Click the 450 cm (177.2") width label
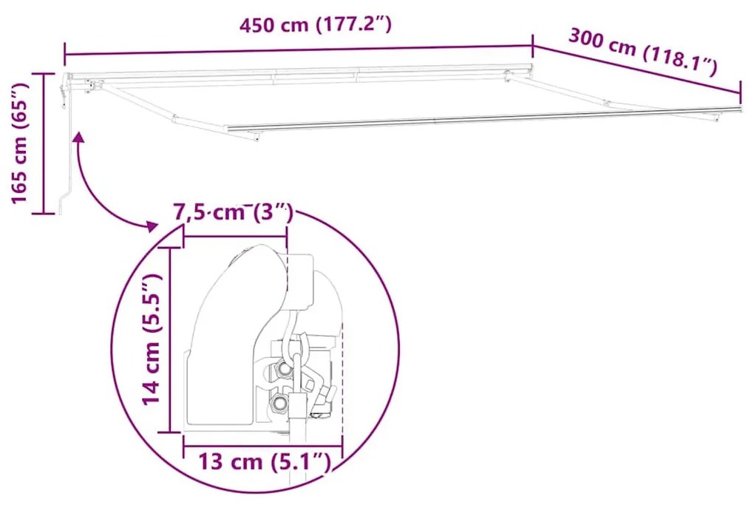pos(314,24)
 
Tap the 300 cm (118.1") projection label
pos(642,52)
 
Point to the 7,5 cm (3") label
pos(233,213)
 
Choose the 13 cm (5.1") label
pos(263,463)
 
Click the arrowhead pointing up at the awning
pos(78,137)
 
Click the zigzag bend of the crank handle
pos(67,198)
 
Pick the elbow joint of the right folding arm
pos(608,103)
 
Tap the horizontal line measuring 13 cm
pos(262,447)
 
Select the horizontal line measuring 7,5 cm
pos(235,237)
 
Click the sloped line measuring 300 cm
pos(636,70)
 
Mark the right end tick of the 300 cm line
pos(740,92)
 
